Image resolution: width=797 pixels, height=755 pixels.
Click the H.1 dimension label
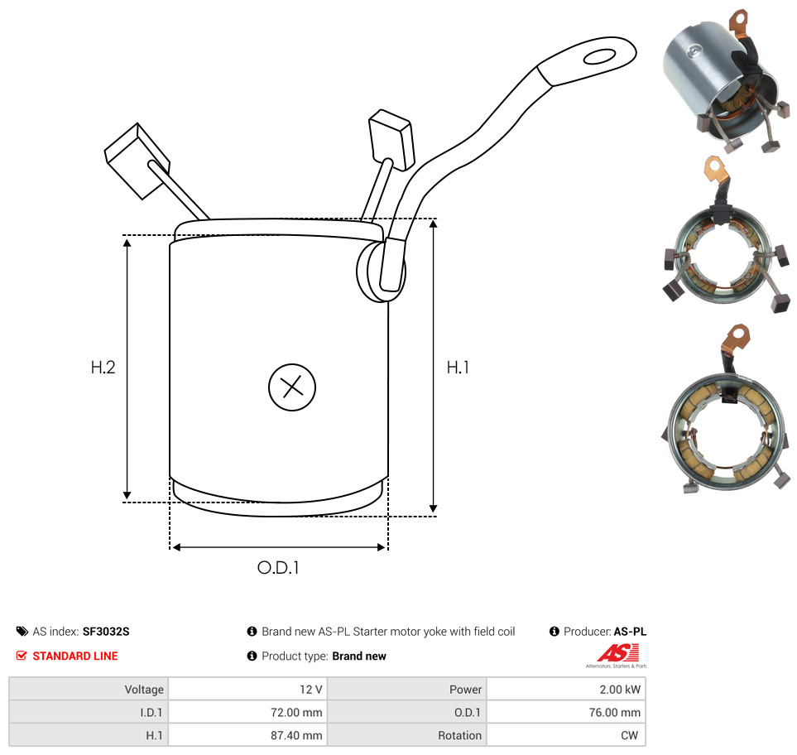click(458, 367)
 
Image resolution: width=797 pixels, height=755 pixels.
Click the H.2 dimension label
click(103, 367)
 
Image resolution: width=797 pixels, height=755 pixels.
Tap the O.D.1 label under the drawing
click(278, 569)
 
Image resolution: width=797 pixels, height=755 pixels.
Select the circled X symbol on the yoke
click(292, 387)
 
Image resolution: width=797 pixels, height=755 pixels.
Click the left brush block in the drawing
click(137, 160)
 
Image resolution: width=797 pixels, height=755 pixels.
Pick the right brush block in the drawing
click(390, 138)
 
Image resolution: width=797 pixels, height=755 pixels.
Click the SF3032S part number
click(106, 632)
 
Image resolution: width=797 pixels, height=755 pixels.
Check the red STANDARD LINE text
click(74, 656)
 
